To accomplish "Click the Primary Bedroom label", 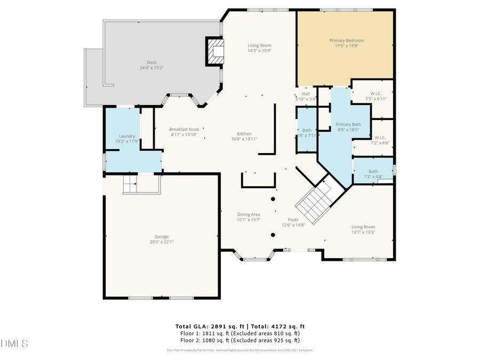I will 346,41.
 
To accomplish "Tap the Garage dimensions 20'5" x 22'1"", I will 162,242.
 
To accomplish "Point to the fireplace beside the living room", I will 215,51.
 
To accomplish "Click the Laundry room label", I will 126,137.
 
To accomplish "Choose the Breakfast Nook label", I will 184,129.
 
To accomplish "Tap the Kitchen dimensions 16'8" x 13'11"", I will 244,139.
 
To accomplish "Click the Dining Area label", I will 248,214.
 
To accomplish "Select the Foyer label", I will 293,220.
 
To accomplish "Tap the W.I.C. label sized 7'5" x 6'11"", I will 375,93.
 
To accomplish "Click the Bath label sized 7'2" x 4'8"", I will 373,171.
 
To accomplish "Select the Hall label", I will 306,94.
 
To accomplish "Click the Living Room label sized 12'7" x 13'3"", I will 363,227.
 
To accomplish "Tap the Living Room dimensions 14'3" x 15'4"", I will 259,51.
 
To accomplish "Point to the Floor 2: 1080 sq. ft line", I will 239,340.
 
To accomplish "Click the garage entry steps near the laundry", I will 131,185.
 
